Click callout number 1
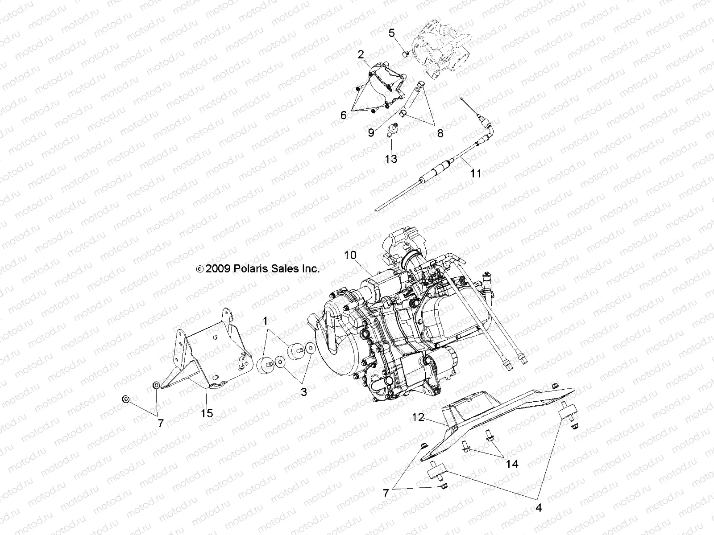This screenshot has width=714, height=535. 265,321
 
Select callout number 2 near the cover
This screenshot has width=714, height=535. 361,55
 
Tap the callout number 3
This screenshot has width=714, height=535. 303,392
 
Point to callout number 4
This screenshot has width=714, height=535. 539,508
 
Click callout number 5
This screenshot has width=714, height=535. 392,33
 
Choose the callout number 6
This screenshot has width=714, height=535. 344,115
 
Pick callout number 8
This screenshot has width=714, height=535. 440,133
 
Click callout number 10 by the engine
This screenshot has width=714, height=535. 350,255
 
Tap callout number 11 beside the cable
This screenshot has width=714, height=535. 476,173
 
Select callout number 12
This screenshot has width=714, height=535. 418,418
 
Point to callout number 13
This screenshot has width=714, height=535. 391,158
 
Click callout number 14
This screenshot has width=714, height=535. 512,464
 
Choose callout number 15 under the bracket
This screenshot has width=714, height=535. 207,413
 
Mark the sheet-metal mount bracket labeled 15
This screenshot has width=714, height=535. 210,352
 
